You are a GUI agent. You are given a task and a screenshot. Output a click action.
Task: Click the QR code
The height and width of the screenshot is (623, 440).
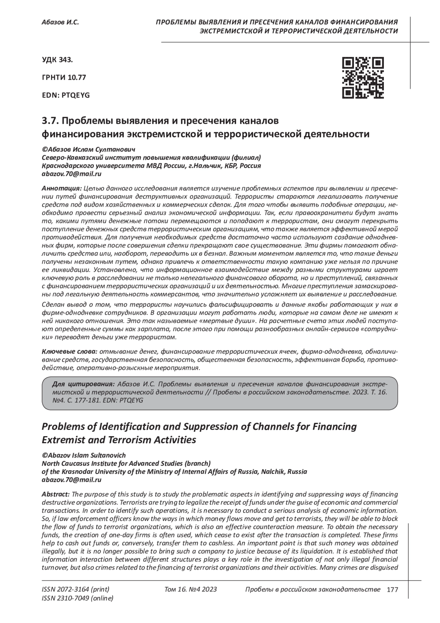(x=363, y=78)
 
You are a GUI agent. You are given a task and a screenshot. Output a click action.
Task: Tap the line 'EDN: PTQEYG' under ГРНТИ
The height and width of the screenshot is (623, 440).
(x=66, y=95)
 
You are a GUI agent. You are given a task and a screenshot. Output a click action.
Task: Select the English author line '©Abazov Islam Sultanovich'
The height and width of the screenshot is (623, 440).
(x=84, y=455)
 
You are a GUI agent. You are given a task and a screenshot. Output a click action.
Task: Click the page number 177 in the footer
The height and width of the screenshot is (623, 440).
(x=392, y=590)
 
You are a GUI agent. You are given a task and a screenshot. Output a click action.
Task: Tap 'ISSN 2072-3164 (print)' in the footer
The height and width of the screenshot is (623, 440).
(x=76, y=589)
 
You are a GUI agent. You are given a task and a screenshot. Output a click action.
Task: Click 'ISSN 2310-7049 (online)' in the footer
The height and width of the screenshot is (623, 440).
(x=78, y=598)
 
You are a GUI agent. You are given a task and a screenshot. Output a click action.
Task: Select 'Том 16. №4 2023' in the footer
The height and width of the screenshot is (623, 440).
(x=191, y=589)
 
